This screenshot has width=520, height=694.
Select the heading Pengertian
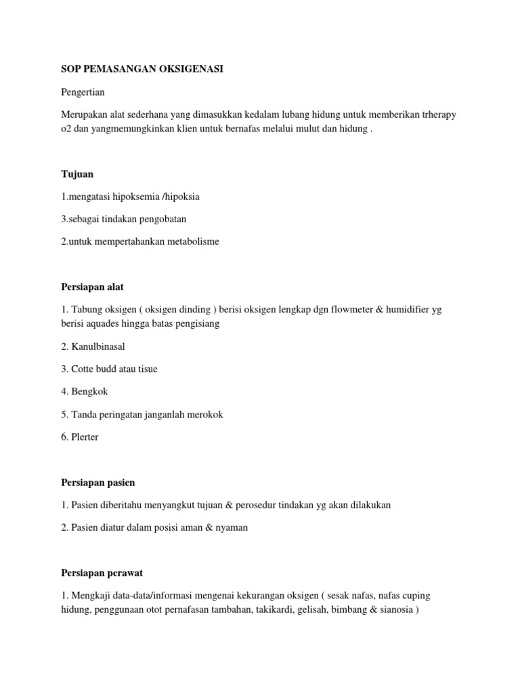83,92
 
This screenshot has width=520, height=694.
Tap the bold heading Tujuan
77,174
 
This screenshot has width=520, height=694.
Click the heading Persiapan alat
92,287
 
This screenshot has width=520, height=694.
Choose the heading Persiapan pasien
97,483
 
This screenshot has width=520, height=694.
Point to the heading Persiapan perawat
100,573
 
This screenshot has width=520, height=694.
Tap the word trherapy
437,115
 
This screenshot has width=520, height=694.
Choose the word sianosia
394,609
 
